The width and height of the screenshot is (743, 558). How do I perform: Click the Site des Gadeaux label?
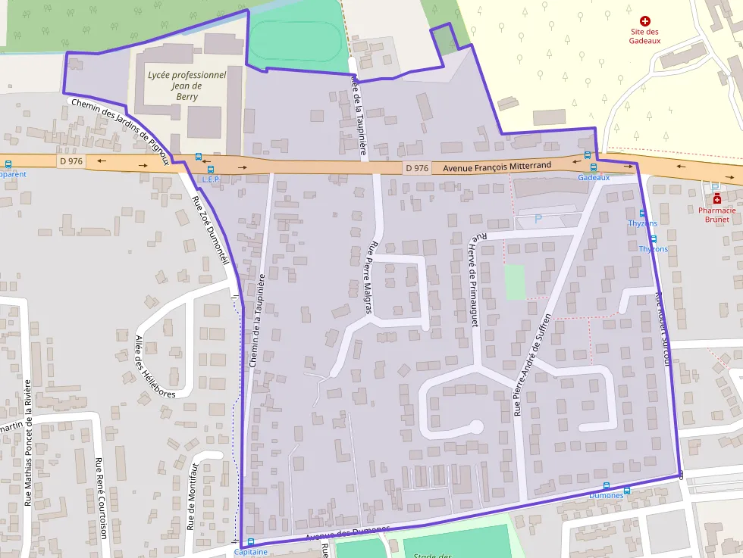644,36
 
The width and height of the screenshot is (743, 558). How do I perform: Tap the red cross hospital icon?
645,22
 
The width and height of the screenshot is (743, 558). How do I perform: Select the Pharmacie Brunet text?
716,214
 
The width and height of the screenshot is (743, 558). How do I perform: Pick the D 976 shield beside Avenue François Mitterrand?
417,167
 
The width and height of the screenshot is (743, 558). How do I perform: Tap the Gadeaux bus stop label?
594,177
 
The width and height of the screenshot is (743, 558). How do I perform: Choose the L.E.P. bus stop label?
211,179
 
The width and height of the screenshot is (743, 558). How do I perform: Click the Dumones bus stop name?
606,495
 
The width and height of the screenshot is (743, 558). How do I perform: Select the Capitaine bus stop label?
250,552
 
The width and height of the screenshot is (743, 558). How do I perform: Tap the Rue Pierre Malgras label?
370,278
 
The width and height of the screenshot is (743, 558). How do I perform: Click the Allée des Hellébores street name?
155,366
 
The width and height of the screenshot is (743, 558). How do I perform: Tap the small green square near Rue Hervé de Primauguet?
515,282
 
